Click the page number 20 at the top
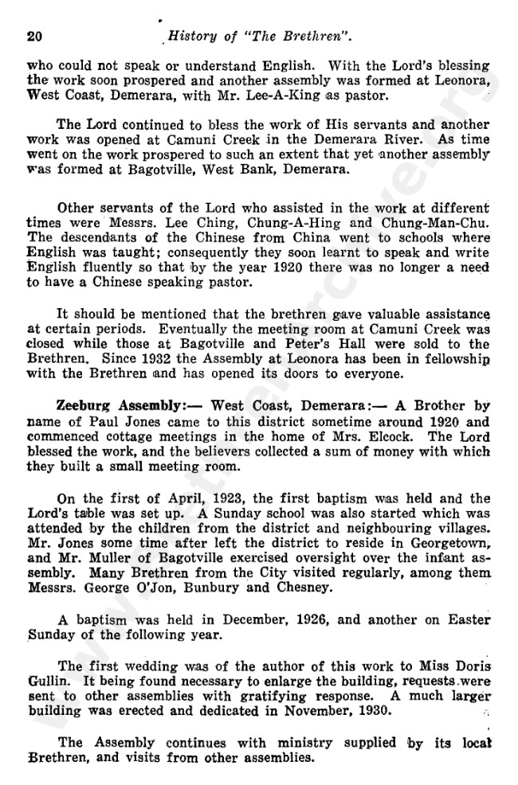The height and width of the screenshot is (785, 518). [x=34, y=37]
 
